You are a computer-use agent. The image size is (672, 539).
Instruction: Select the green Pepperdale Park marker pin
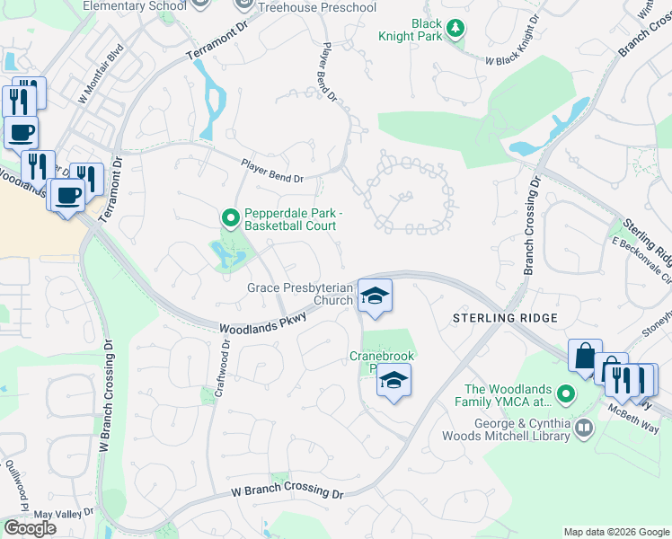coord(230,217)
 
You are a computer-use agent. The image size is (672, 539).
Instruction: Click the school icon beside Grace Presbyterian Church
coord(375,295)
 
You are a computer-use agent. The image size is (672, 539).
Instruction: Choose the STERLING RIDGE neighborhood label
coord(505,318)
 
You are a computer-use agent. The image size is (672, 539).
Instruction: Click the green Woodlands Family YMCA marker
coord(565,393)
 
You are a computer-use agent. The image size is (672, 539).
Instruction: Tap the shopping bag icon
coord(585,357)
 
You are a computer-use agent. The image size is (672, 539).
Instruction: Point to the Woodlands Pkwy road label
coord(263,323)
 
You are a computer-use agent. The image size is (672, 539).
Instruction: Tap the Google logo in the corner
coord(30,528)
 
